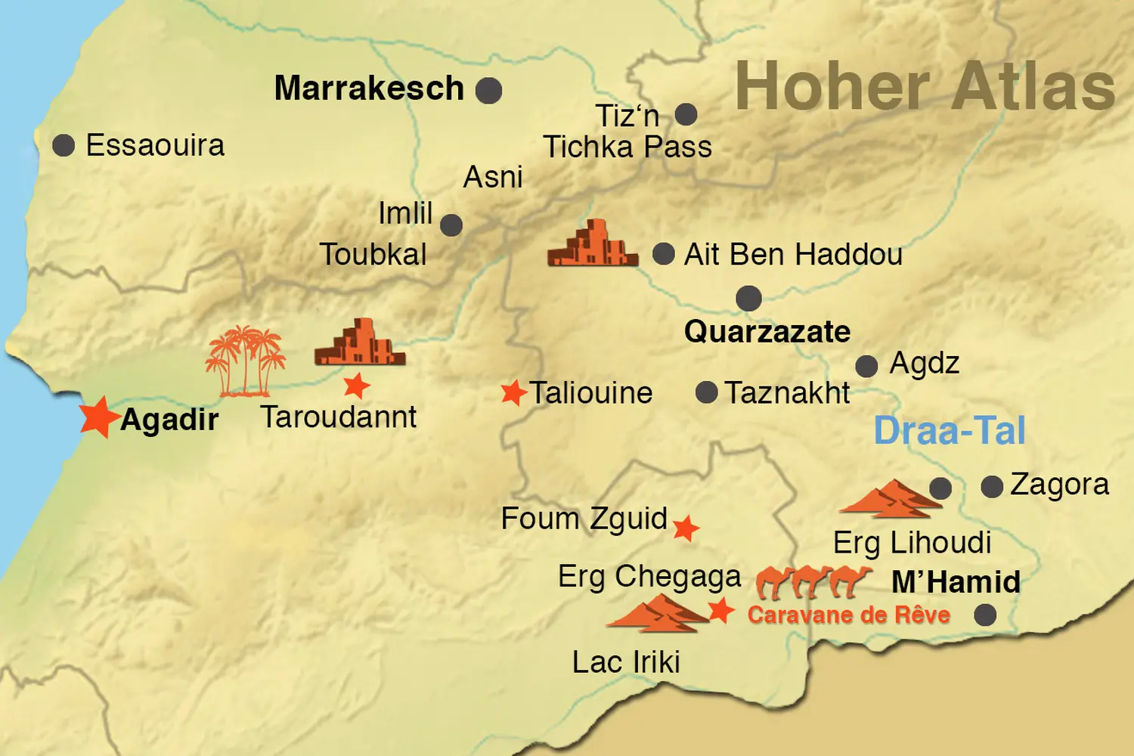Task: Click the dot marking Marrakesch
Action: pos(488,91)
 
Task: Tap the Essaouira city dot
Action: pos(64,145)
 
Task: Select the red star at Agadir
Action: pos(98,417)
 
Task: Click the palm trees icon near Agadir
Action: pos(245,361)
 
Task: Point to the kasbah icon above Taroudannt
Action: pos(360,342)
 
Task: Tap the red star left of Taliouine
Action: pos(513,393)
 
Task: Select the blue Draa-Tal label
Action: pos(950,431)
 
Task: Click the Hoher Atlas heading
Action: pos(925,87)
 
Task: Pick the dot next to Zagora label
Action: pos(992,487)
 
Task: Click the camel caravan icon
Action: pos(813,581)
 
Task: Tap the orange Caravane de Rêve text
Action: pos(848,615)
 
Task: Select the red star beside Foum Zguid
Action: pos(686,528)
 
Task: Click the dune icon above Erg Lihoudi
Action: pos(891,499)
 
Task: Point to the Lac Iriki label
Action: pos(626,662)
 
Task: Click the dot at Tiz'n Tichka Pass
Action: pos(686,115)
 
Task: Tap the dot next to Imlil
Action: pos(451,225)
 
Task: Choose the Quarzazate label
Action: pos(767,332)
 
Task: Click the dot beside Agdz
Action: pos(866,367)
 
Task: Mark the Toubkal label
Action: pos(373,255)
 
